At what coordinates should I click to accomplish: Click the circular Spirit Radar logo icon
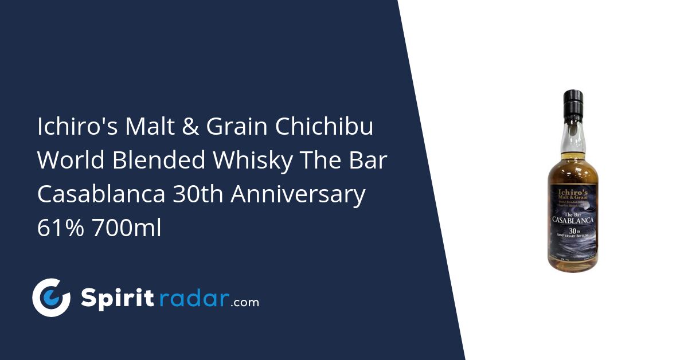(51, 298)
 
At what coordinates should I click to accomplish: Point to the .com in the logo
(245, 302)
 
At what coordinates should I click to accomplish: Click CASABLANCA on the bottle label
(573, 219)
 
